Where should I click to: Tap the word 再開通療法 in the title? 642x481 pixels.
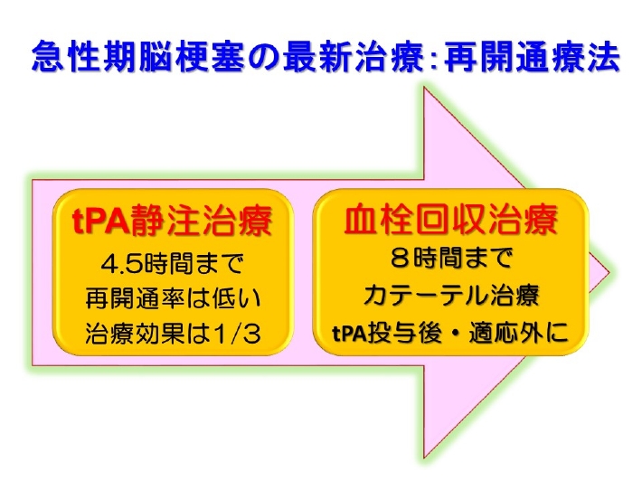pos(532,56)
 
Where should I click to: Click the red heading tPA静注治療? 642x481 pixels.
pos(172,221)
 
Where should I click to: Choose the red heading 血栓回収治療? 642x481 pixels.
pos(450,220)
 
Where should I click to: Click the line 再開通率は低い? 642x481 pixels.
pos(173,298)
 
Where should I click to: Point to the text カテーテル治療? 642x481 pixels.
pos(451,295)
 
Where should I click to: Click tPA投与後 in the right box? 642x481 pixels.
pos(387,333)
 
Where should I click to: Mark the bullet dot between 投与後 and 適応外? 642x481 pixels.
pos(456,333)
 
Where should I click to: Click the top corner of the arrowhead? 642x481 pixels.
pos(424,87)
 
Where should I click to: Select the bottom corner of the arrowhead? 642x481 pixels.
pos(424,457)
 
